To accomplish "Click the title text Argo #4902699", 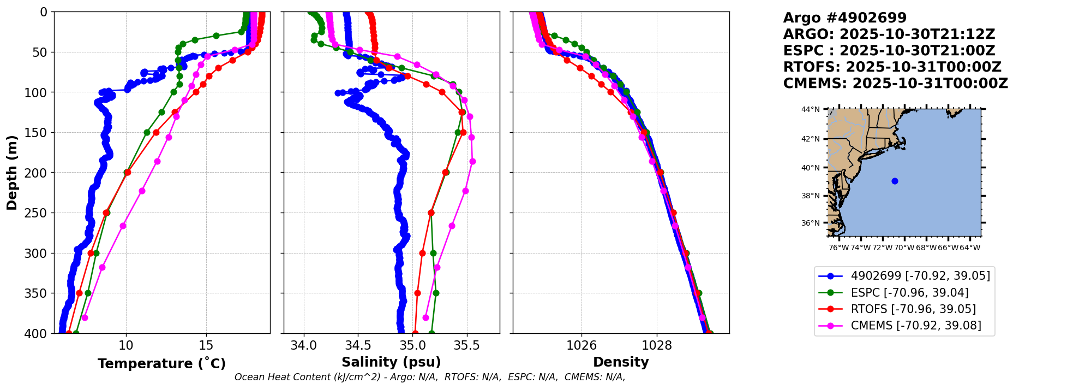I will tap(844, 18).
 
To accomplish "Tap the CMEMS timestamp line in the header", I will tap(895, 84).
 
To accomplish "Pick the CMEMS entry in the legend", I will tap(915, 326).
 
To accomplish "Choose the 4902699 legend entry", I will tap(920, 276).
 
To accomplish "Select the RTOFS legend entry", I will tap(913, 309).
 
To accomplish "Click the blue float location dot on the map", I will tap(895, 181).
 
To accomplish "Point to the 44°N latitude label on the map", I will tap(810, 109).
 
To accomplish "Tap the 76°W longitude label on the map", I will tap(838, 247).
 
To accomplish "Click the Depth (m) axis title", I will tap(11, 173).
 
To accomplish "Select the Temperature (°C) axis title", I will tap(161, 364).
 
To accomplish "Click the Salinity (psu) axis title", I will tap(391, 362).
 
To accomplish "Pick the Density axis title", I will tap(621, 362).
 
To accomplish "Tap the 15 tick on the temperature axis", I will tap(206, 345).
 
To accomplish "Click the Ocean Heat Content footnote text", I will tap(430, 377).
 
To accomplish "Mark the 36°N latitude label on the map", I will tap(810, 223).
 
